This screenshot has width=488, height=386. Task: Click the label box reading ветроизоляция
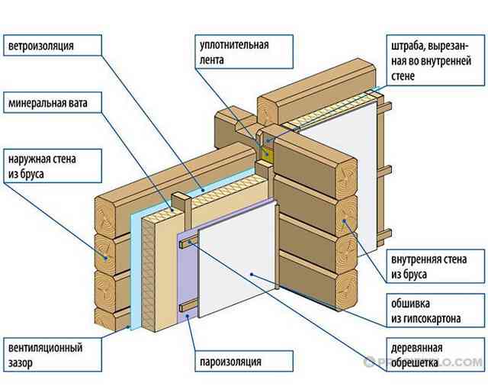[x=53, y=45]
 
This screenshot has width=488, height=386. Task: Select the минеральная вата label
[x=53, y=102]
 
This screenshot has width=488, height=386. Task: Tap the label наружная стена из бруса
[x=53, y=166]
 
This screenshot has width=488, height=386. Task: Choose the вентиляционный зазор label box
[x=53, y=355]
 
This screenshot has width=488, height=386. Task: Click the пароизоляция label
[x=244, y=361]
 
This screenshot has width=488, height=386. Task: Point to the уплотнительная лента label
[x=244, y=52]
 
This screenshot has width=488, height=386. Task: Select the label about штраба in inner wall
[x=435, y=60]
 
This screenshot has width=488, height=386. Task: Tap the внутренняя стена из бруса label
[x=435, y=266]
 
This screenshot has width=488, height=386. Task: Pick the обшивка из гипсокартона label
[x=435, y=310]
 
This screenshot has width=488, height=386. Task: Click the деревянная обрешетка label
[x=435, y=355]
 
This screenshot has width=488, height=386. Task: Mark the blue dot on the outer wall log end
[x=106, y=258]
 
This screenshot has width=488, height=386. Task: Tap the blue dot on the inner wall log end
[x=344, y=221]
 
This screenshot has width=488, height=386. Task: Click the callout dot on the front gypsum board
[x=252, y=275]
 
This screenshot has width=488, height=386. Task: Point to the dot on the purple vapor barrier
[x=187, y=316]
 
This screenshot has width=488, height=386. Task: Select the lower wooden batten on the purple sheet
[x=188, y=307]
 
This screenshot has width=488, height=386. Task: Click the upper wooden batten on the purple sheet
[x=188, y=242]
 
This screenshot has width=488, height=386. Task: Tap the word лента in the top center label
[x=212, y=60]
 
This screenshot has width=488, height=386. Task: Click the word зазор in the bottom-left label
[x=21, y=363]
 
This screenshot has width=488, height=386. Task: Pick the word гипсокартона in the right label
[x=425, y=319]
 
